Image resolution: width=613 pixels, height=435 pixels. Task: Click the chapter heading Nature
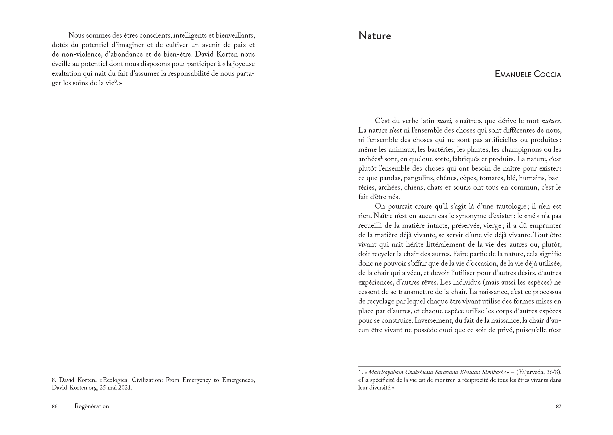374,36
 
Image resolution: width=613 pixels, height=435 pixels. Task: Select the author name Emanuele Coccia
528,74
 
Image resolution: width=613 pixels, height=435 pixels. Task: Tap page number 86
55,406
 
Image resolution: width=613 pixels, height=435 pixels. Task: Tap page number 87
558,406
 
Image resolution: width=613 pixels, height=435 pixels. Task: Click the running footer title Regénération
92,406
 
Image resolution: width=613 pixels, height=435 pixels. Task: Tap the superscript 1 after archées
381,157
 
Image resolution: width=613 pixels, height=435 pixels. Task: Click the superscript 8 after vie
115,82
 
